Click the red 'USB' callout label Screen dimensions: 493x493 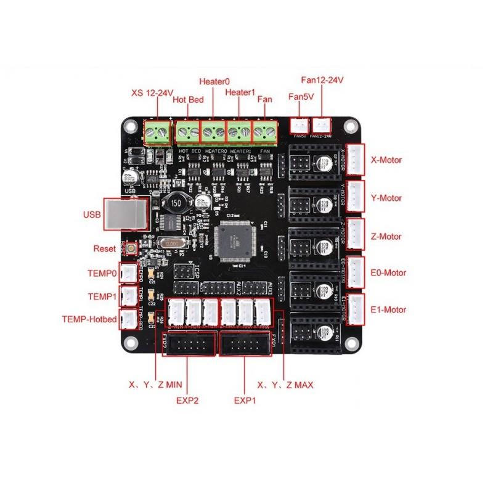[x=91, y=215]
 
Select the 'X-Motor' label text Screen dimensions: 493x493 [x=386, y=160]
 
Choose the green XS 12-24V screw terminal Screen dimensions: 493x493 [x=157, y=131]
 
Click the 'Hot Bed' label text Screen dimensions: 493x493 [x=188, y=99]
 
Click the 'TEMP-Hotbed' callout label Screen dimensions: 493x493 [x=88, y=319]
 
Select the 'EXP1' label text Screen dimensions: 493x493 [x=245, y=400]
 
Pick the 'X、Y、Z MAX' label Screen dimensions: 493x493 [x=285, y=385]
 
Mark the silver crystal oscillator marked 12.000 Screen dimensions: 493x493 [x=171, y=244]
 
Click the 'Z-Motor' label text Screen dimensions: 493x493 [x=386, y=236]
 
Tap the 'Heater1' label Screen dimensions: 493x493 [x=240, y=92]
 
